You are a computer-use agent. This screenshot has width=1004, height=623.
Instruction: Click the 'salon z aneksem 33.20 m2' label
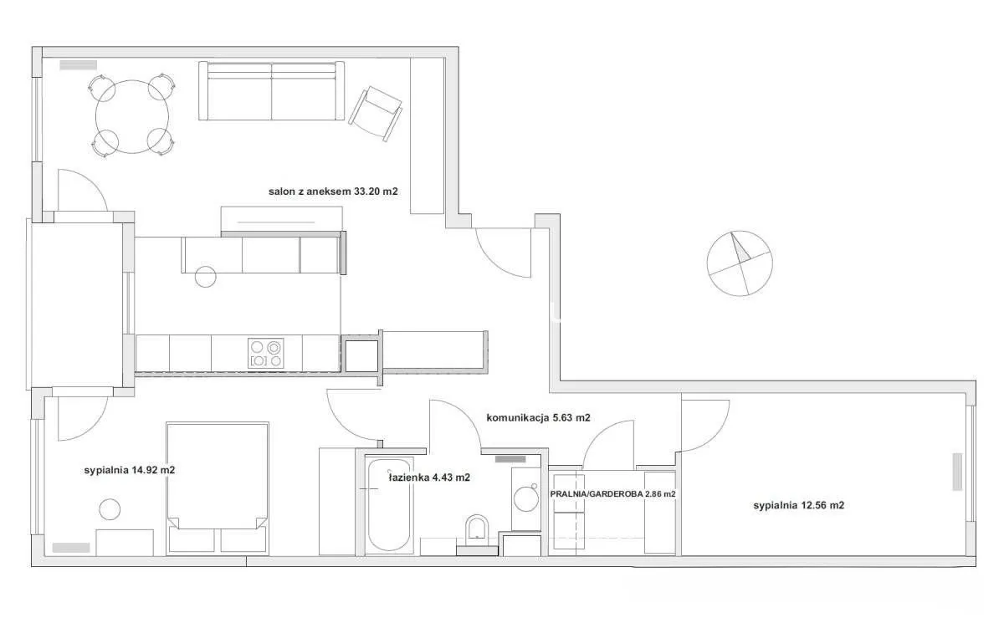point(333,191)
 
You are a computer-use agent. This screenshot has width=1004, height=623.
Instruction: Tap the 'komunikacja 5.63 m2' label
point(538,418)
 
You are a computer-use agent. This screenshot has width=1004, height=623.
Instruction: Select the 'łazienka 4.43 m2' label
point(429,477)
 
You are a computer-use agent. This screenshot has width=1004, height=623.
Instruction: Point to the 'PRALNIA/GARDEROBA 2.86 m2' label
point(612,494)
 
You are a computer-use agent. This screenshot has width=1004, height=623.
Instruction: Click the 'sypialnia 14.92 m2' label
point(130,470)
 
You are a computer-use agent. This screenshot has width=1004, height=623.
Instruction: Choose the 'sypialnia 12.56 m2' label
point(799,506)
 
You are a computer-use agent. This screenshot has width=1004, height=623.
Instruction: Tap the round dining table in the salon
point(132,116)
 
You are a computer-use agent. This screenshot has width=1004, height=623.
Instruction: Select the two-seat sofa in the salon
point(272,91)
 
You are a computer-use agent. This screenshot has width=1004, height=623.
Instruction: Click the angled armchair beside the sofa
point(376,114)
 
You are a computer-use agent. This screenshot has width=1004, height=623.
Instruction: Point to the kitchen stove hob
point(266,354)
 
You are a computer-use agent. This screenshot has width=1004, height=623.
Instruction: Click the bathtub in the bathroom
point(389,504)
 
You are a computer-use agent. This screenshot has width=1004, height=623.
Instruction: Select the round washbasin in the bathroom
point(525,499)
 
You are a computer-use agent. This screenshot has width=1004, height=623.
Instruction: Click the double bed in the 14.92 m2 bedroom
point(218,488)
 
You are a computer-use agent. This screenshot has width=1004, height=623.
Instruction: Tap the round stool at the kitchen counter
point(205,277)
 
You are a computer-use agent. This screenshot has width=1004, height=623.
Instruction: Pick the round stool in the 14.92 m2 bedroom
point(110,509)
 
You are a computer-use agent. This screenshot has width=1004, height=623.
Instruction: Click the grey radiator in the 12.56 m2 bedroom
point(957,472)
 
